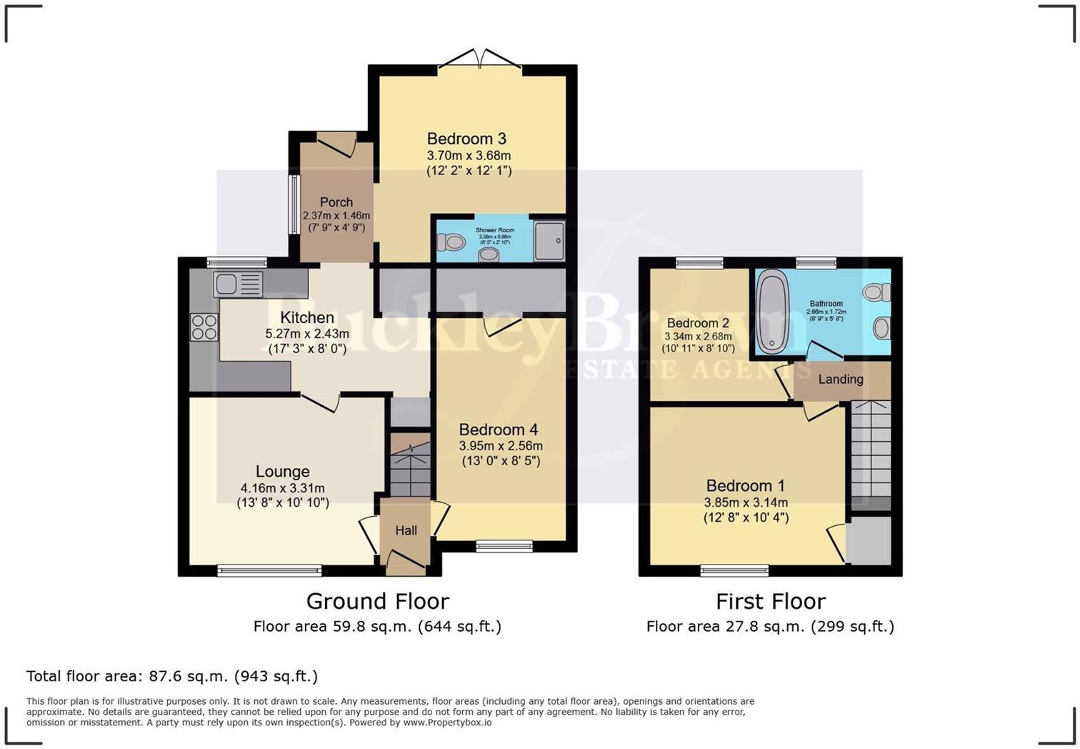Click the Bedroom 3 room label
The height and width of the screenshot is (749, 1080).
click(466, 139)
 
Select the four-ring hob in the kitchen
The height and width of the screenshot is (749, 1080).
click(204, 327)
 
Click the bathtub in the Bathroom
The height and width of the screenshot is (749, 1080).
click(772, 311)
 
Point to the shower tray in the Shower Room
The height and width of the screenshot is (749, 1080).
click(549, 241)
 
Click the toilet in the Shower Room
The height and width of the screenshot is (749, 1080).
click(452, 242)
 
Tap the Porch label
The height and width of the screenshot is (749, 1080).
click(336, 202)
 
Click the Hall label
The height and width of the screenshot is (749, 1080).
click(406, 530)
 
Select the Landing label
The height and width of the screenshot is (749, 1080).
click(841, 379)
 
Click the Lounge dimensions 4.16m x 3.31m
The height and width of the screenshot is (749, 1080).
click(283, 488)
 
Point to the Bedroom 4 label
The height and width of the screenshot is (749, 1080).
click(499, 430)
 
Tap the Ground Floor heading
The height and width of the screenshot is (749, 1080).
click(377, 601)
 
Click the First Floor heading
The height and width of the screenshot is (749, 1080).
click(770, 601)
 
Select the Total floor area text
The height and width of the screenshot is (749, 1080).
click(172, 676)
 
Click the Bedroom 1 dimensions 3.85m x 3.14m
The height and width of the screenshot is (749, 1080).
click(746, 502)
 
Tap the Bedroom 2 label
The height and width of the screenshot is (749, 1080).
click(698, 323)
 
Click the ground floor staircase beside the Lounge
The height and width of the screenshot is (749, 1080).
click(410, 465)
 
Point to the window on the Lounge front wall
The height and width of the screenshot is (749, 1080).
click(269, 570)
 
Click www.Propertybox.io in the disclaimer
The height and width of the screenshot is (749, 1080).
click(447, 723)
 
